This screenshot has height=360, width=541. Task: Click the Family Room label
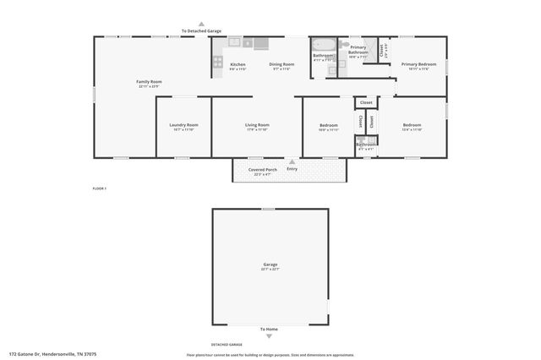(x=149, y=82)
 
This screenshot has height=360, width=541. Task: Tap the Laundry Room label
(x=184, y=125)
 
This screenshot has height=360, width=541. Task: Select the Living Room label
(x=257, y=125)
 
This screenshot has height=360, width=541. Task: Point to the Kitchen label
(x=238, y=65)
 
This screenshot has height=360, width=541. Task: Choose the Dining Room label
(x=281, y=65)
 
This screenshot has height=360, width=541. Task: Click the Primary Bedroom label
(x=419, y=64)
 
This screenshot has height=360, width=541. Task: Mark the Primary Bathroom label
(x=358, y=50)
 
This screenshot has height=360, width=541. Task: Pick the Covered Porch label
(x=263, y=170)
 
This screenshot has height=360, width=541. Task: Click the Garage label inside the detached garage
(x=270, y=265)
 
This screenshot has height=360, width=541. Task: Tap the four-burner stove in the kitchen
(x=217, y=62)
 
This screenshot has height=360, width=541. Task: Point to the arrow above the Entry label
(x=292, y=161)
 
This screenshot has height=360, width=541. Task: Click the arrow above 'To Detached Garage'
(x=200, y=25)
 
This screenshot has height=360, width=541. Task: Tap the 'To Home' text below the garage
(x=269, y=329)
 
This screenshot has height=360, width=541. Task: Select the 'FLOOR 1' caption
(x=100, y=188)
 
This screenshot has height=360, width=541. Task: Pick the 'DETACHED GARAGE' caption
(x=227, y=345)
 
